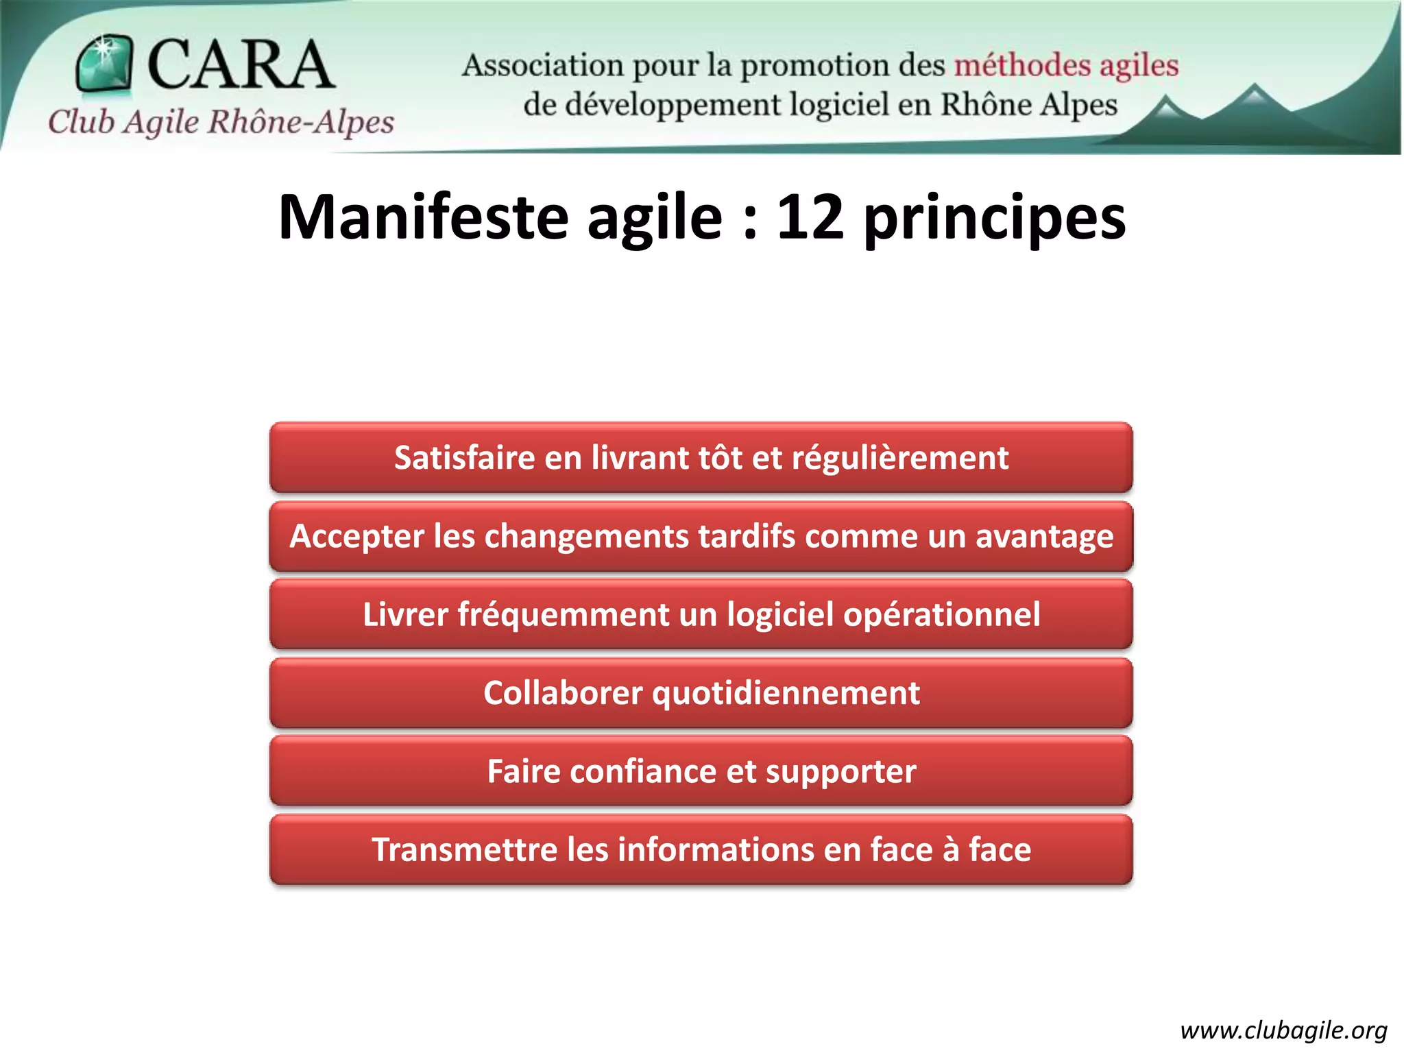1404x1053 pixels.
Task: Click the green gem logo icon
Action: pyautogui.click(x=104, y=63)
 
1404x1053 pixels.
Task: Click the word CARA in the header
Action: pyautogui.click(x=241, y=64)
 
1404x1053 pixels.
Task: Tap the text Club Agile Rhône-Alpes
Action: pyautogui.click(x=221, y=122)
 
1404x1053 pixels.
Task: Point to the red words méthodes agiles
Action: pyautogui.click(x=1066, y=66)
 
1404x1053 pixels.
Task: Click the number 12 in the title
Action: pyautogui.click(x=810, y=217)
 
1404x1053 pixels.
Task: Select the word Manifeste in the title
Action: pyautogui.click(x=423, y=217)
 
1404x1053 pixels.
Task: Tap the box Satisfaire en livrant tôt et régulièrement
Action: pyautogui.click(x=701, y=458)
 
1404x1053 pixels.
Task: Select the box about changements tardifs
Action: pyautogui.click(x=701, y=536)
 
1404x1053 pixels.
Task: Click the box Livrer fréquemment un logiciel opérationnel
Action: pyautogui.click(x=701, y=614)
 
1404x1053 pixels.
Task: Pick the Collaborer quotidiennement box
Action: pyautogui.click(x=701, y=693)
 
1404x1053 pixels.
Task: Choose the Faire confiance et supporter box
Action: pyautogui.click(x=701, y=771)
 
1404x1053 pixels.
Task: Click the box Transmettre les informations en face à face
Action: pyautogui.click(x=701, y=849)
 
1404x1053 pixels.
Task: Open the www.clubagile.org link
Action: pyautogui.click(x=1283, y=1030)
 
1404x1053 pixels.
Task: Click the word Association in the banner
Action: pyautogui.click(x=542, y=66)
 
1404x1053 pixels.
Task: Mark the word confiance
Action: pyautogui.click(x=642, y=771)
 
